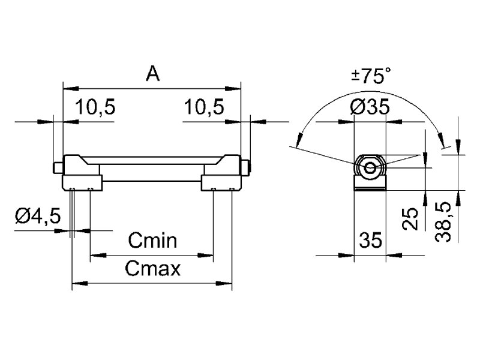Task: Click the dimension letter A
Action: (x=153, y=74)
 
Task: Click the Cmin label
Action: (x=152, y=241)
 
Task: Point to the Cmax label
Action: (x=153, y=268)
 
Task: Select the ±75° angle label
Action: (x=371, y=76)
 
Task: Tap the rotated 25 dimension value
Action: (x=410, y=220)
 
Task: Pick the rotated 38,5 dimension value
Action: (x=444, y=222)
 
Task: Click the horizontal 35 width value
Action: (x=370, y=241)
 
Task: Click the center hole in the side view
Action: (x=370, y=167)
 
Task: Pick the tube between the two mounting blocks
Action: (x=153, y=169)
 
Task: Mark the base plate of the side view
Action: (x=370, y=187)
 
